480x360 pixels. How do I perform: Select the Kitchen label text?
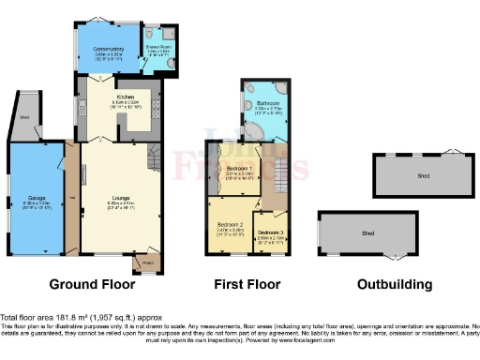pyautogui.click(x=127, y=97)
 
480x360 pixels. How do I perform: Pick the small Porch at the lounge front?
pyautogui.click(x=146, y=263)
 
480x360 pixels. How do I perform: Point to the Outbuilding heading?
pyautogui.click(x=394, y=284)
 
